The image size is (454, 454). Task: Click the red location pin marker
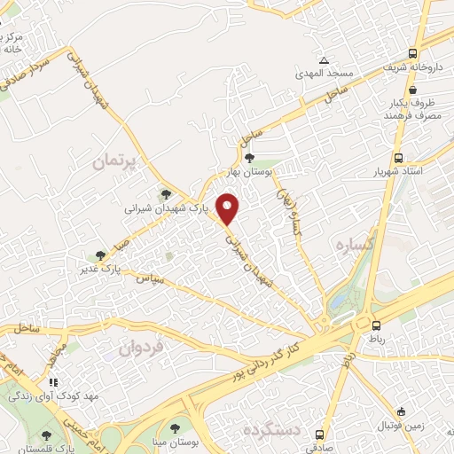tap(229, 208)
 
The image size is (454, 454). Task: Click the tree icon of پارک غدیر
tap(101, 254)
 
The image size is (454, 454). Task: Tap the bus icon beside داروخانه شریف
tap(413, 52)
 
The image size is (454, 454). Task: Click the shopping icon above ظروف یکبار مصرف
tap(413, 90)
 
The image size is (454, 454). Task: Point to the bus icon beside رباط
tap(377, 325)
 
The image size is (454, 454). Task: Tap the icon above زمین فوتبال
tap(403, 411)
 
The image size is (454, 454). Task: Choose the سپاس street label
tap(152, 279)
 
